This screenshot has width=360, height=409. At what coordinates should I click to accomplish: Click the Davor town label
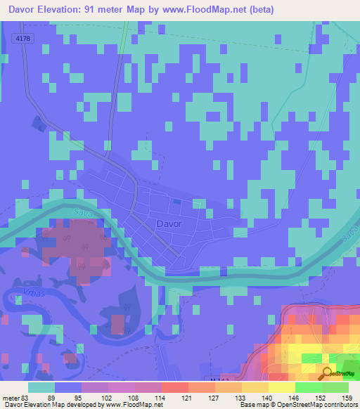point(169,223)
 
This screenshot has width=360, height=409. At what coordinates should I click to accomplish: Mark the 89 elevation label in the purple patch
point(86,247)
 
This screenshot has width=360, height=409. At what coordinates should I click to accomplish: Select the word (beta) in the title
point(258,10)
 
